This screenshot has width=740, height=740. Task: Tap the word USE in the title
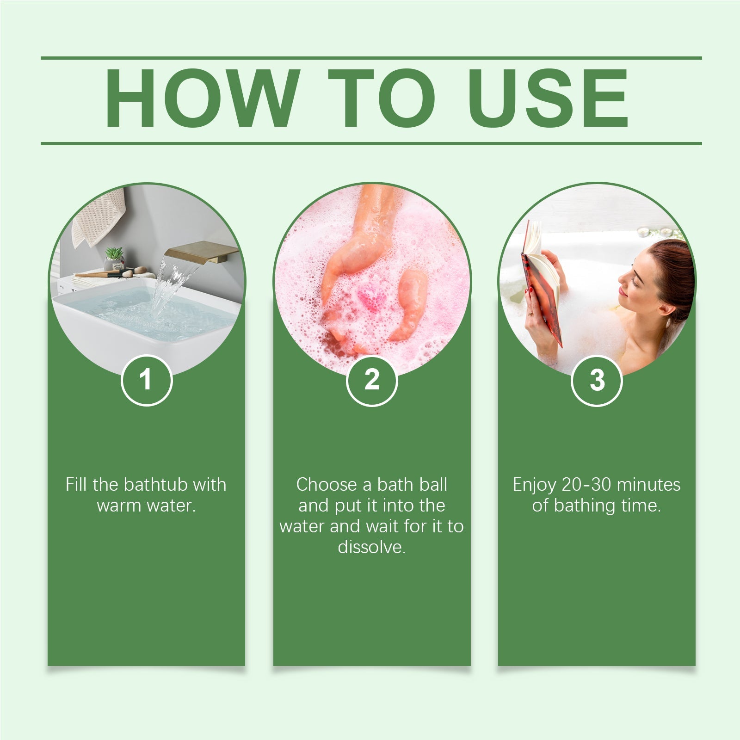click(549, 99)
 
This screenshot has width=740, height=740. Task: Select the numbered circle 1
click(146, 380)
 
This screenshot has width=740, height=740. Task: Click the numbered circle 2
click(372, 380)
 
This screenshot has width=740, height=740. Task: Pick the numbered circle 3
click(597, 380)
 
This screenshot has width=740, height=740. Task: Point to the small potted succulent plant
click(114, 257)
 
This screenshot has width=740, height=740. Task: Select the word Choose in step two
click(327, 485)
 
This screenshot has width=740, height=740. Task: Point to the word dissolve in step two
click(371, 547)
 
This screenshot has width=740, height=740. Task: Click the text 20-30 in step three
click(586, 485)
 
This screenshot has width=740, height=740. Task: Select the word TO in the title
click(382, 99)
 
